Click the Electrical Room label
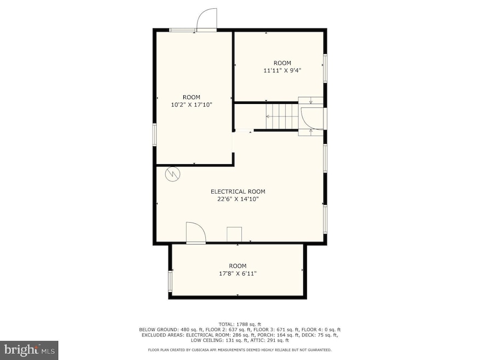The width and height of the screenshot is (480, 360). tap(238, 191)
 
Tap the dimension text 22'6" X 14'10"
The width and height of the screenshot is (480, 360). tap(238, 200)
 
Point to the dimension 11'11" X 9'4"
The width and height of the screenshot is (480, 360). tap(282, 70)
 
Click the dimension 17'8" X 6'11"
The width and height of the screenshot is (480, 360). tap(238, 274)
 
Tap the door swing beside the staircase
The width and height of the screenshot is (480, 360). tap(309, 116)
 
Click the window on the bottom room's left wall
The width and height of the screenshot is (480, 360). tap(170, 282)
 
